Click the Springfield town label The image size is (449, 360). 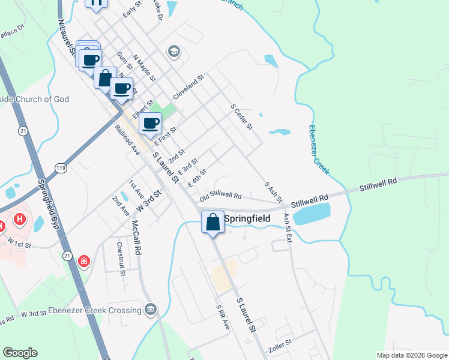[247, 218]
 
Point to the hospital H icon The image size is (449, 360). [20, 220]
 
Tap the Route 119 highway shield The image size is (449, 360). [59, 169]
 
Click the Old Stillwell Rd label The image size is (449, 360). [220, 196]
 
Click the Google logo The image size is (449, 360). [20, 353]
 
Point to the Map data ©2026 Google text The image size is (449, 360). [411, 355]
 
